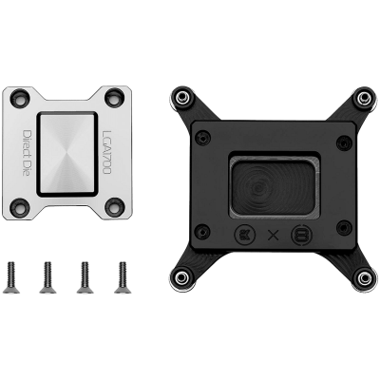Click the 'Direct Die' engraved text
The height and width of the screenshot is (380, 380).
click(28, 153)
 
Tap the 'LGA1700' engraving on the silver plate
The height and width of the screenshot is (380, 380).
click(106, 153)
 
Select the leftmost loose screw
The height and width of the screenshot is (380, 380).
click(11, 277)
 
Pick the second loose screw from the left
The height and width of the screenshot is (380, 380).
click(47, 277)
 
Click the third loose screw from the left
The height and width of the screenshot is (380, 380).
click(85, 277)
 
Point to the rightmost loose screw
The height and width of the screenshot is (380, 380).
click(123, 277)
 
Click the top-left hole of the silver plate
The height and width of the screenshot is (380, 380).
click(20, 97)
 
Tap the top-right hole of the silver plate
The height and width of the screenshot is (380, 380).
click(114, 97)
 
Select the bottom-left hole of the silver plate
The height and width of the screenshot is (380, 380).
click(20, 207)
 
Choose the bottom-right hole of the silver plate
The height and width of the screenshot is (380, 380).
click(115, 206)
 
